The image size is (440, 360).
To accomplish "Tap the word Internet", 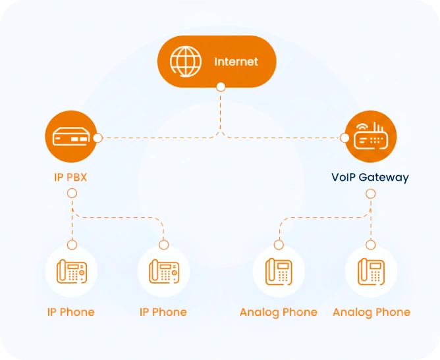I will point(236,62).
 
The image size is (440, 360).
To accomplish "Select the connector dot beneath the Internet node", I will point(221,87).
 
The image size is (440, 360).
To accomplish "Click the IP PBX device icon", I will point(71,138).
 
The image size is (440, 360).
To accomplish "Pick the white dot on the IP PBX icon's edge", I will point(97,138).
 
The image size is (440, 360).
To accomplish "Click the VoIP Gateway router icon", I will point(370,138).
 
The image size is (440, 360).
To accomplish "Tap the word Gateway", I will point(387,177).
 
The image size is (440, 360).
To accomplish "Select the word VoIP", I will point(346,177).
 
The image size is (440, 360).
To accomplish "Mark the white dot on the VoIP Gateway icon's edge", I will point(344,138).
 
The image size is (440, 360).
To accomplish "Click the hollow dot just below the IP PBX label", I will point(72,194).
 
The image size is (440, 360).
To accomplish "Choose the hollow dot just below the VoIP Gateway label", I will point(370,194).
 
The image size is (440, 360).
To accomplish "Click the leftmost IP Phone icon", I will point(71,271).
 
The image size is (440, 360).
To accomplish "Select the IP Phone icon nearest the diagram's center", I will point(163,271).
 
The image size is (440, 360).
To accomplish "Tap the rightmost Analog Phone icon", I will point(371,271).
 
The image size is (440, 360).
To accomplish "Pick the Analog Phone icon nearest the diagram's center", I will point(279,271).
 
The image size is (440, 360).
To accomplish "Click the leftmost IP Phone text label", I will point(70,312).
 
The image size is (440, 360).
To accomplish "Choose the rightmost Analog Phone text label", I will point(371,312).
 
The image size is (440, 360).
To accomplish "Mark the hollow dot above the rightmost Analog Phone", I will point(370,245).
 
